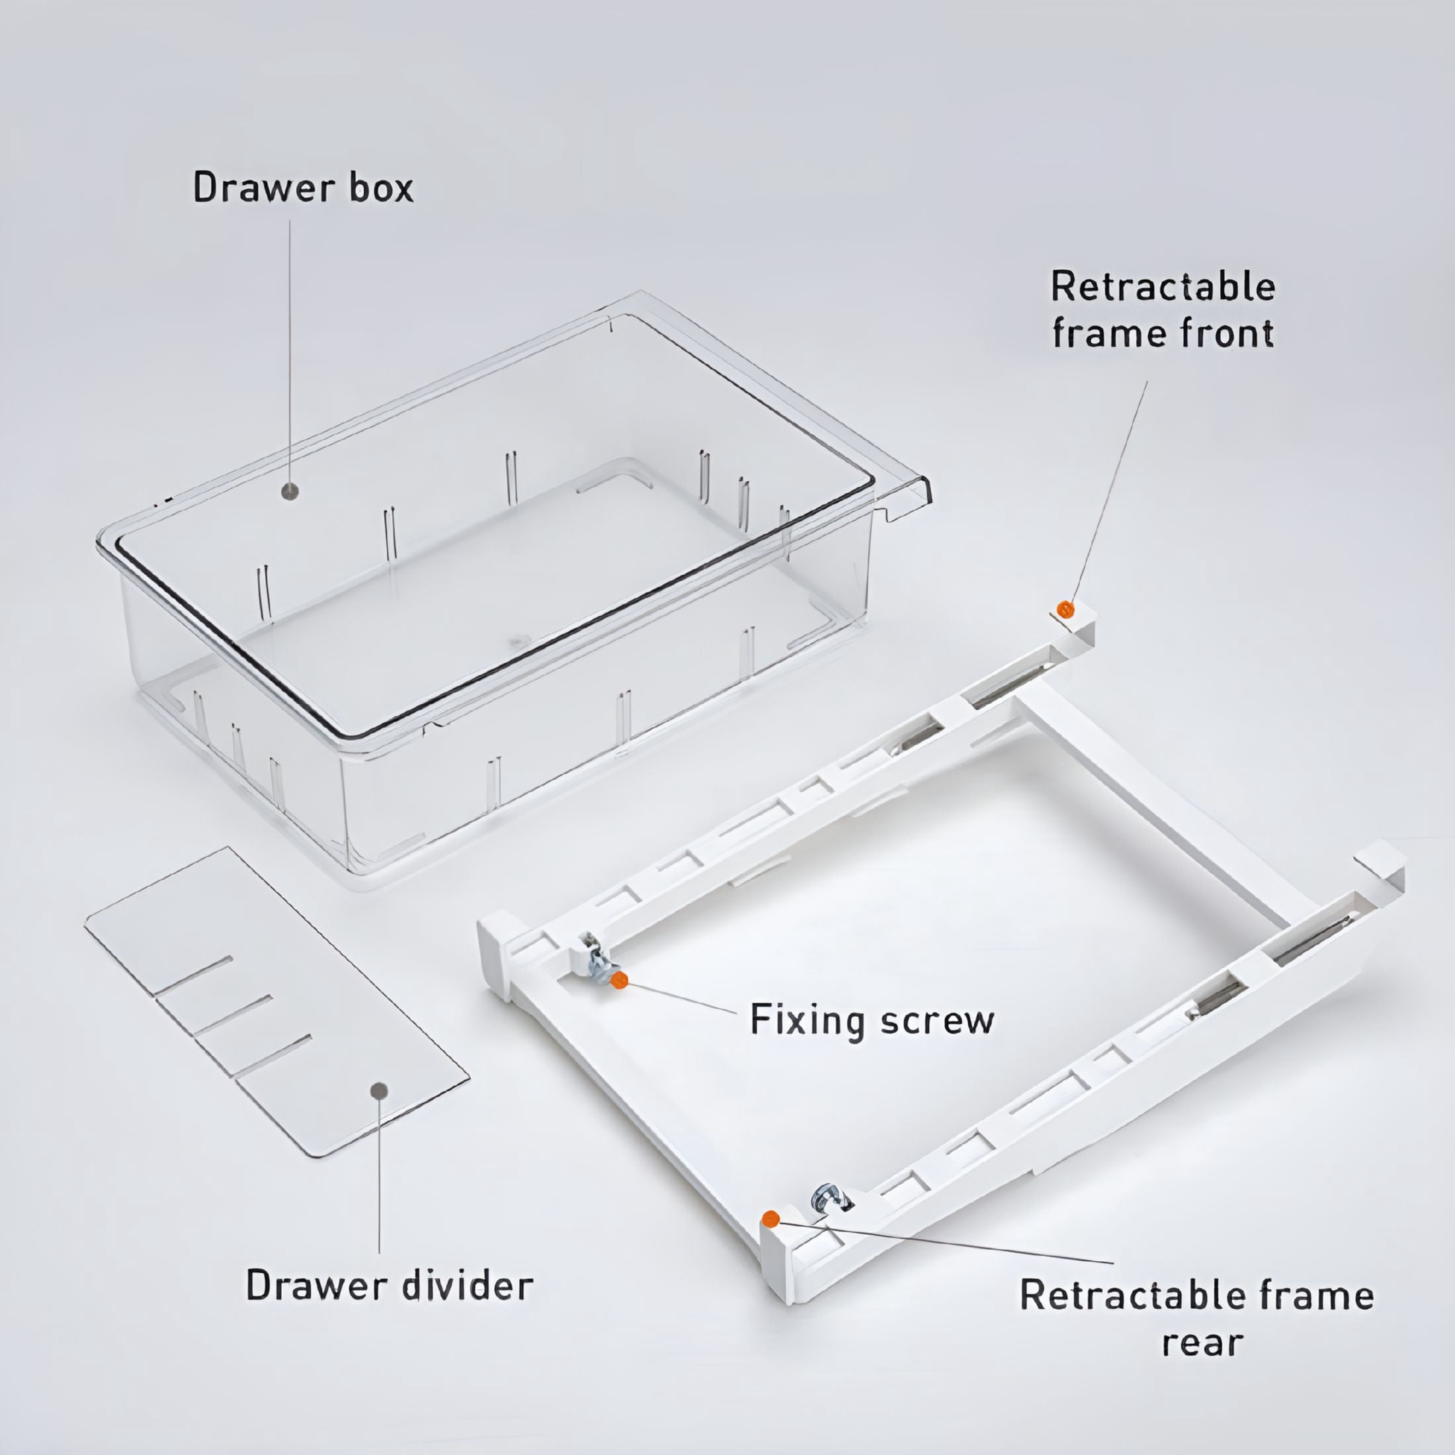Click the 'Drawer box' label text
click(x=304, y=188)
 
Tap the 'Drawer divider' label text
click(x=390, y=1286)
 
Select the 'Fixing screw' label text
click(x=872, y=1021)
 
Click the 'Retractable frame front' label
click(x=1163, y=310)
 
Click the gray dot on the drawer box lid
click(x=290, y=492)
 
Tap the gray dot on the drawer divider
click(x=380, y=1091)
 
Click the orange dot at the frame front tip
click(x=1065, y=608)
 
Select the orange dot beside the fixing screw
click(x=619, y=979)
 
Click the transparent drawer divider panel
click(x=276, y=1001)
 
